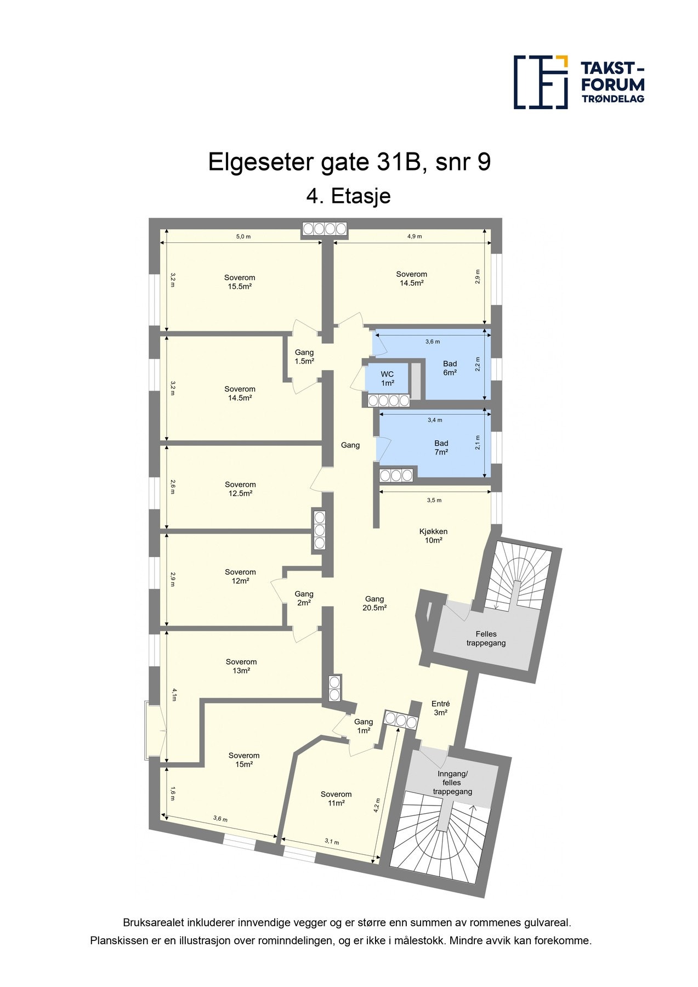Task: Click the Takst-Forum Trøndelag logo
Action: tap(578, 82)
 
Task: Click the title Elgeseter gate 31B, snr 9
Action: tap(349, 162)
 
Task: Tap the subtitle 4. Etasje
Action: tap(348, 196)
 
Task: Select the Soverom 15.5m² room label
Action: tap(240, 282)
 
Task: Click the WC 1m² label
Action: tap(387, 379)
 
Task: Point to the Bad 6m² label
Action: tap(450, 368)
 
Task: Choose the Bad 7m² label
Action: tap(441, 447)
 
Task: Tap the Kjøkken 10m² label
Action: tap(433, 536)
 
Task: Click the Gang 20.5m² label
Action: tap(374, 603)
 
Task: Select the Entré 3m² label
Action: tap(441, 708)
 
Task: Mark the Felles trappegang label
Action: tap(486, 638)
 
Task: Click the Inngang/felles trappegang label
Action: tap(452, 782)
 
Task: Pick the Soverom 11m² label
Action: tap(336, 798)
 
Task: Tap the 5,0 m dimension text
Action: tap(243, 236)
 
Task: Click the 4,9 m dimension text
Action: tap(415, 236)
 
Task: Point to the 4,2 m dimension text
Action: tap(377, 805)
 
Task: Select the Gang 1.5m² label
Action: tap(304, 357)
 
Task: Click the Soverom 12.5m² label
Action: tap(240, 489)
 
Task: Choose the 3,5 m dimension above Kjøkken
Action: tap(434, 500)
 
